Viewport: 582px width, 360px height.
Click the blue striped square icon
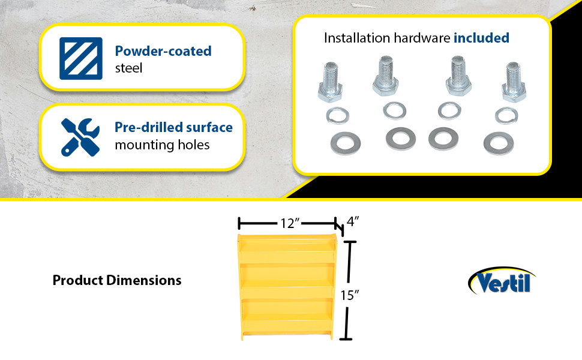[81, 58]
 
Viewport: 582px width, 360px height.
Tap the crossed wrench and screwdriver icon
[80, 137]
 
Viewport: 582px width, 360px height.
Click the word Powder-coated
[163, 51]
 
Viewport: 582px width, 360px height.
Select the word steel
[128, 68]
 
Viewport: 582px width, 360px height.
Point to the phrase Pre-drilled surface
[174, 127]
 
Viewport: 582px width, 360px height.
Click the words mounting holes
[162, 145]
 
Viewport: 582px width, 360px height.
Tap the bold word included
[481, 38]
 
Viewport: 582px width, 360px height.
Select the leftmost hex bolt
[330, 82]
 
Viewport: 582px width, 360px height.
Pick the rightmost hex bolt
[514, 82]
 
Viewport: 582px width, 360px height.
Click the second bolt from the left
[386, 76]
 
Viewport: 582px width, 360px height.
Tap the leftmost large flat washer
[345, 143]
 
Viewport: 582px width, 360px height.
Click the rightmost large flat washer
[499, 143]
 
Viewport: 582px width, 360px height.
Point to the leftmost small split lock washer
[338, 115]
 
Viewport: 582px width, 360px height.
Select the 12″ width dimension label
[290, 223]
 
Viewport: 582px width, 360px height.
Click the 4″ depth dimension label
[353, 221]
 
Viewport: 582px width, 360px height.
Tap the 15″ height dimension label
[350, 295]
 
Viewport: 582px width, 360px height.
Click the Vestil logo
[502, 281]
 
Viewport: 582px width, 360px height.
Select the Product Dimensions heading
[117, 280]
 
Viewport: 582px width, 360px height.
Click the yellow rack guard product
[287, 287]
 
